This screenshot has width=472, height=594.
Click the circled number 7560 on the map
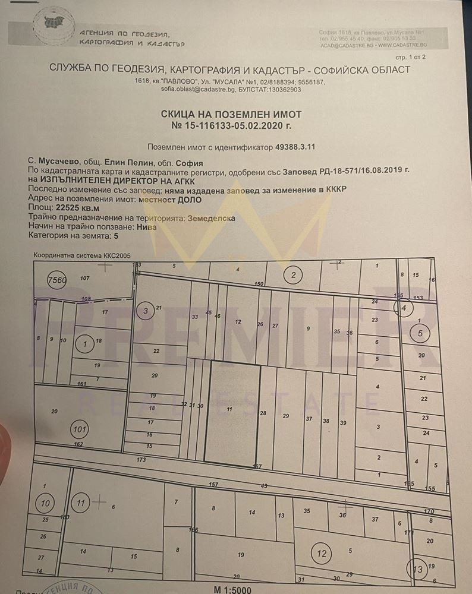pyautogui.click(x=57, y=280)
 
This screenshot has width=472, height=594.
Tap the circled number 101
pyautogui.click(x=79, y=428)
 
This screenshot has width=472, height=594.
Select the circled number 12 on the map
pyautogui.click(x=322, y=554)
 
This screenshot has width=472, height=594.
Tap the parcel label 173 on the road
pyautogui.click(x=141, y=460)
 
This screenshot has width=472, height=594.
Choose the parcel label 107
pyautogui.click(x=84, y=278)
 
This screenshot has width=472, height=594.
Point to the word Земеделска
pyautogui.click(x=211, y=218)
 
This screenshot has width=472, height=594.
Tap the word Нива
pyautogui.click(x=141, y=226)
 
